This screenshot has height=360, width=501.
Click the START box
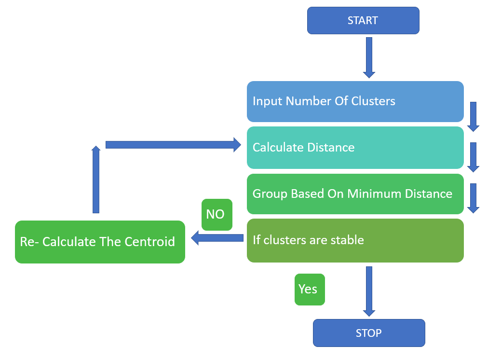tap(363, 21)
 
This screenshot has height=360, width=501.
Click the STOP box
tap(369, 333)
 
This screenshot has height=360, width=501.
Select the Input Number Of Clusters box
tap(355, 101)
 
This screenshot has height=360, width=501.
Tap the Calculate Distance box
tap(355, 148)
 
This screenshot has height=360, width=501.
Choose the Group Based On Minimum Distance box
tap(355, 194)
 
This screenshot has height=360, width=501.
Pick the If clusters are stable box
tap(355, 240)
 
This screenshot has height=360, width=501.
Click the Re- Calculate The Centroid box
tap(100, 242)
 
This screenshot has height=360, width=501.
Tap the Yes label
tap(309, 290)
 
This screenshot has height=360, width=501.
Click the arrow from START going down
tap(369, 57)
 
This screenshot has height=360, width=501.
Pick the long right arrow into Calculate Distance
tap(173, 145)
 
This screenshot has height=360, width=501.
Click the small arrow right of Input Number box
tap(473, 116)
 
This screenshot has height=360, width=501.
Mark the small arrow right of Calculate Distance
tap(473, 157)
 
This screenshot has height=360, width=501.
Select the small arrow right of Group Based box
tap(473, 198)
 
